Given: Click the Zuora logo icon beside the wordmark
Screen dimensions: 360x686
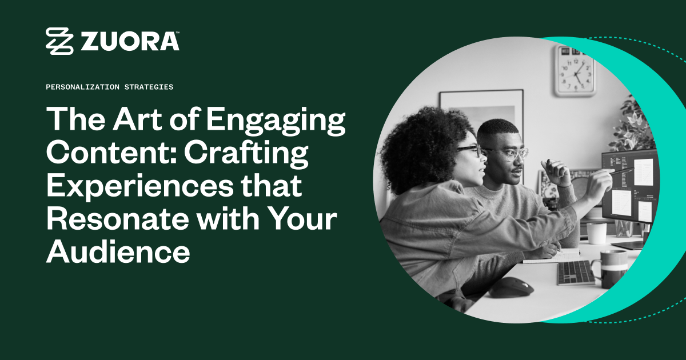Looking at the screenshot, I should click(59, 41).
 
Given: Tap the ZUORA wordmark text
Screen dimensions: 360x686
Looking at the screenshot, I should click(130, 41).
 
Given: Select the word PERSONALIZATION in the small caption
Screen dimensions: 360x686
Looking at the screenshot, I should click(81, 87).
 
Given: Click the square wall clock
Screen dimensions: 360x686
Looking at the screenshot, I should click(574, 71).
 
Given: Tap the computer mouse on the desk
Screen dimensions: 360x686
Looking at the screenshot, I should click(510, 287).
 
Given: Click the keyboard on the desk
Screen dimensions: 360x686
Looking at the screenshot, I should click(576, 273).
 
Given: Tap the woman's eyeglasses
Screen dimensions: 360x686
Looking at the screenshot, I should click(470, 150).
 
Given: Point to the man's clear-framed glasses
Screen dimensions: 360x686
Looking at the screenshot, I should click(513, 153).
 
